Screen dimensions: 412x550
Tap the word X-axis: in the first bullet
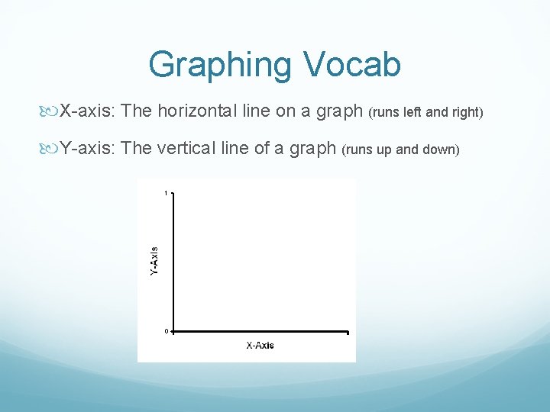87,111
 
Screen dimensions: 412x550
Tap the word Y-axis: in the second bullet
87,148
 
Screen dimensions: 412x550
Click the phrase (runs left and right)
426,113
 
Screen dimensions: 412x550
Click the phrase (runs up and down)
400,150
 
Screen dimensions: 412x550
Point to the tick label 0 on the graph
166,331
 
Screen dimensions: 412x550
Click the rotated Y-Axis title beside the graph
154,260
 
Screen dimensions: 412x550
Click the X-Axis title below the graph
260,346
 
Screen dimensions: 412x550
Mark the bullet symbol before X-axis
52,112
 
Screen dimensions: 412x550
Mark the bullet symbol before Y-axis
52,149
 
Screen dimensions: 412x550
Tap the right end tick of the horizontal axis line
347,333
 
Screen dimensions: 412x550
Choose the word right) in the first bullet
468,113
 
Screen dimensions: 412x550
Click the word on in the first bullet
285,111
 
